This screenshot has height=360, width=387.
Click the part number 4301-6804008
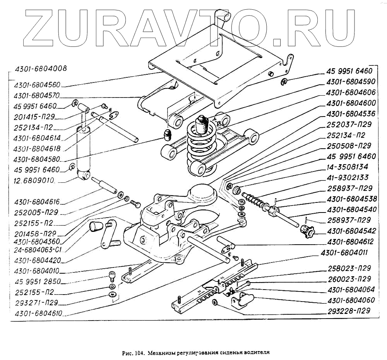pos(41,69)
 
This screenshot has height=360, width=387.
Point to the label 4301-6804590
pos(351,82)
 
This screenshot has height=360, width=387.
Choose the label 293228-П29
pos(349,310)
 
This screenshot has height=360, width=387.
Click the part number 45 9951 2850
pos(37,281)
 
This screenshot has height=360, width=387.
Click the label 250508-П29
pos(349,146)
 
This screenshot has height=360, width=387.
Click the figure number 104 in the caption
pos(139,353)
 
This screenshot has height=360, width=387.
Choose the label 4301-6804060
pos(351,300)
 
